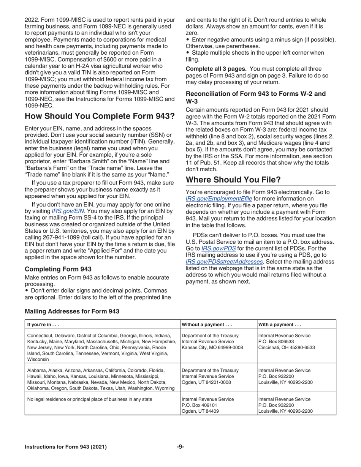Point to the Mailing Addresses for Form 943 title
tap(72, 311)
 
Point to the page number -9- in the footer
tap(180, 447)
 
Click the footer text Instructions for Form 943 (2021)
tap(66, 447)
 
